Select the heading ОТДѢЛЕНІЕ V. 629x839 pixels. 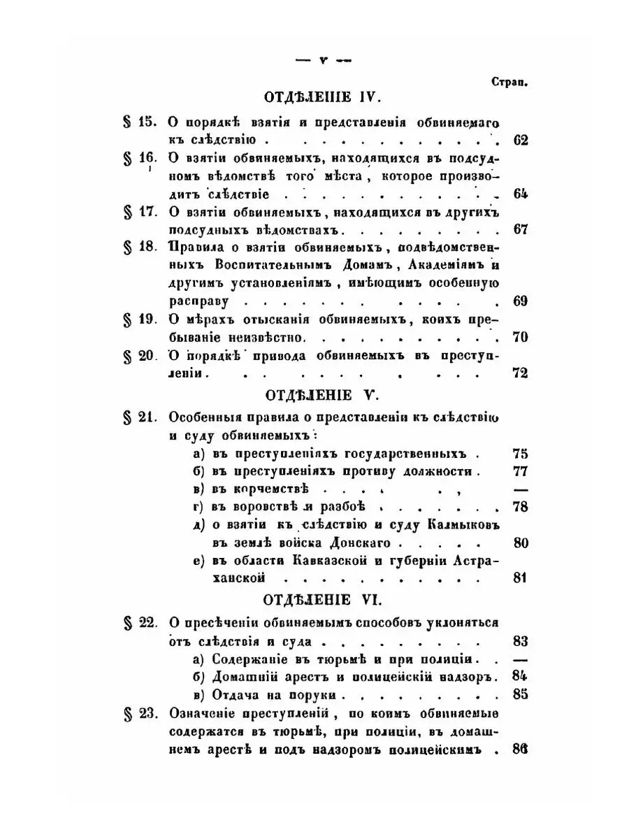[320, 396]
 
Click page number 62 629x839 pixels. [519, 140]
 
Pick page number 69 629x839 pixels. [519, 302]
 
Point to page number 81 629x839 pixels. [519, 578]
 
